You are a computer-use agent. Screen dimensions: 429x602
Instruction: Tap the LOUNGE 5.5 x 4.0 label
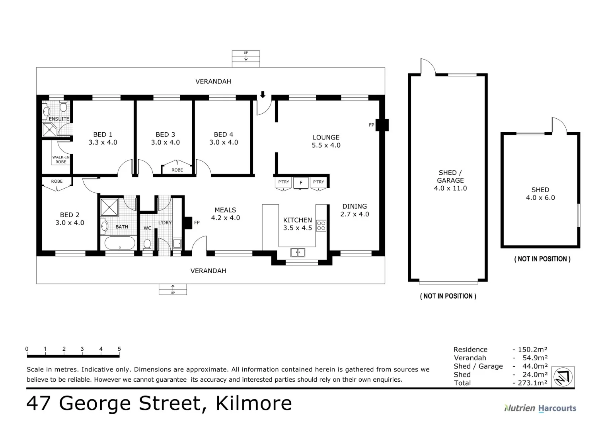[326, 141]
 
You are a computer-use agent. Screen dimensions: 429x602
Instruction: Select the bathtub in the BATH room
[120, 243]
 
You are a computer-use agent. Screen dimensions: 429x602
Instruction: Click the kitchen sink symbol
[297, 252]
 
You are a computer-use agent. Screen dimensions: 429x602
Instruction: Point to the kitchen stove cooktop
[321, 226]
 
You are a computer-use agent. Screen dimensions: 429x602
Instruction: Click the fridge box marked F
[301, 183]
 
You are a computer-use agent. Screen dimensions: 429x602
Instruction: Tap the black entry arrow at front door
[263, 95]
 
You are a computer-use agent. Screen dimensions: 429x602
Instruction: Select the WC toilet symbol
[147, 243]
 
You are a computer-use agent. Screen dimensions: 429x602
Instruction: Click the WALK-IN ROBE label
[61, 159]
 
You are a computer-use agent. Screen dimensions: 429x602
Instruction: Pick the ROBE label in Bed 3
[177, 170]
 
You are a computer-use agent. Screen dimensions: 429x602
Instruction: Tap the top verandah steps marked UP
[246, 58]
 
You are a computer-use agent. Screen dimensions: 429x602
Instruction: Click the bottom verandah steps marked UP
[173, 289]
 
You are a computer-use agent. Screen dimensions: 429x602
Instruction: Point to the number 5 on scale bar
[119, 349]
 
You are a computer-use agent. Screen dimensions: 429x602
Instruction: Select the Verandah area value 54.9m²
[535, 358]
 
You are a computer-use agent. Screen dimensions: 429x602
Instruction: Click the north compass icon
[563, 376]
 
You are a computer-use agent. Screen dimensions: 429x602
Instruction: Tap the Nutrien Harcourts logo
[540, 408]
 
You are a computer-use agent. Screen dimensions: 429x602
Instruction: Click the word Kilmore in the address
[253, 403]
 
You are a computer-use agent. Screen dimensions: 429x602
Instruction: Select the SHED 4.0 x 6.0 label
[540, 194]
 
